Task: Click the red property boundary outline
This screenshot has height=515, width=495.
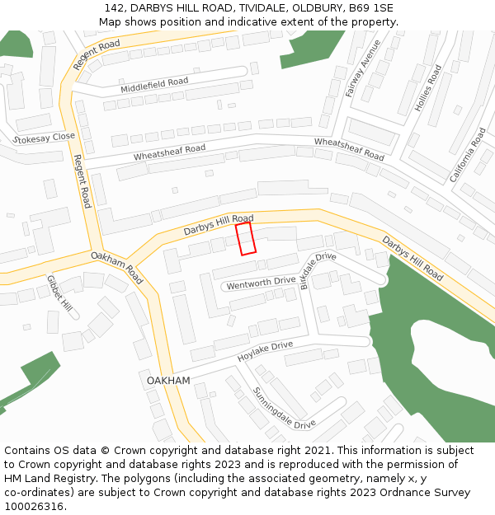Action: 246,238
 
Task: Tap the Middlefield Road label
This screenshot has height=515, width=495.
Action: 154,85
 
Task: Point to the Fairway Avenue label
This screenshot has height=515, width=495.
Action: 363,68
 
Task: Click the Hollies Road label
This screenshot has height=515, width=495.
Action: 430,89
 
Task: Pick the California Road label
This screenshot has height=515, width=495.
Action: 468,155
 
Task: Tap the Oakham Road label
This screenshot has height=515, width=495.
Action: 117,268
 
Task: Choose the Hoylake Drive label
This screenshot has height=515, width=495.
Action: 266,352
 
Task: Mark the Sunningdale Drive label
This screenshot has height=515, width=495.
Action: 284,408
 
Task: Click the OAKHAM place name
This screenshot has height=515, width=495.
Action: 168,381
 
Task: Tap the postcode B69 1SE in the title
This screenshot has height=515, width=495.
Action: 370,8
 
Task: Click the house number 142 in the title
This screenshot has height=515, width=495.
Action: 114,8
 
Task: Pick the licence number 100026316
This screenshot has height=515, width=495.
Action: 33,507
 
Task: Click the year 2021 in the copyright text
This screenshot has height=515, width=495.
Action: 314,451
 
